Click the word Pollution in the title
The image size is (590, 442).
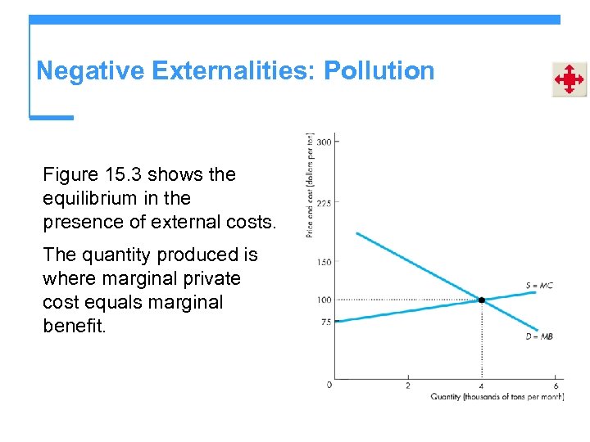379,71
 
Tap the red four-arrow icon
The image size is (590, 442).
569,79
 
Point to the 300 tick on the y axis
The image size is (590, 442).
324,142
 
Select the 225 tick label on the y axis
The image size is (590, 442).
324,203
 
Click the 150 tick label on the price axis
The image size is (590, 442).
324,262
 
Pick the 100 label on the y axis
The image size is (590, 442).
324,300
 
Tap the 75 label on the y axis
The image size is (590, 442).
325,322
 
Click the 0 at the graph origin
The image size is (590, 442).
329,384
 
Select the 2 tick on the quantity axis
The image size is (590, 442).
408,386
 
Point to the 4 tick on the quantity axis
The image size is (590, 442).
481,386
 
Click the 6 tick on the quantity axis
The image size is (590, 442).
556,386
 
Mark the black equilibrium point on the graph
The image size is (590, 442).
482,300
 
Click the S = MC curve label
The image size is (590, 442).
540,286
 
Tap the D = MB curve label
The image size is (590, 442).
540,336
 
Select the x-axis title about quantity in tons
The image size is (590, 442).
497,397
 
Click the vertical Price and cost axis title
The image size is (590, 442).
310,185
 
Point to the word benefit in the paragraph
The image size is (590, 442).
74,326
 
